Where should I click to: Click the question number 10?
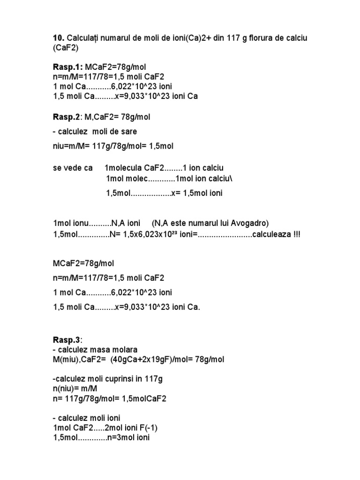click(x=58, y=37)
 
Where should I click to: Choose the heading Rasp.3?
click(x=67, y=339)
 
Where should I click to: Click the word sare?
click(x=128, y=131)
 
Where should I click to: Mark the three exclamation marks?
click(x=296, y=234)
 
